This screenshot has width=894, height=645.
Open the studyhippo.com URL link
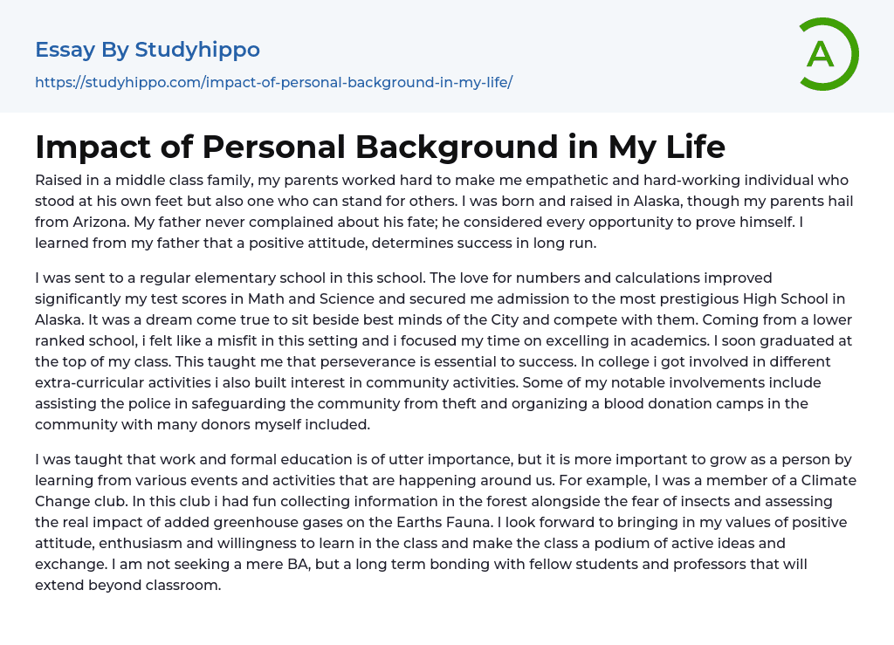point(273,83)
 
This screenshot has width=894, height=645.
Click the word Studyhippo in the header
point(197,50)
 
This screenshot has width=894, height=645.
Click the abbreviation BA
point(299,564)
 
